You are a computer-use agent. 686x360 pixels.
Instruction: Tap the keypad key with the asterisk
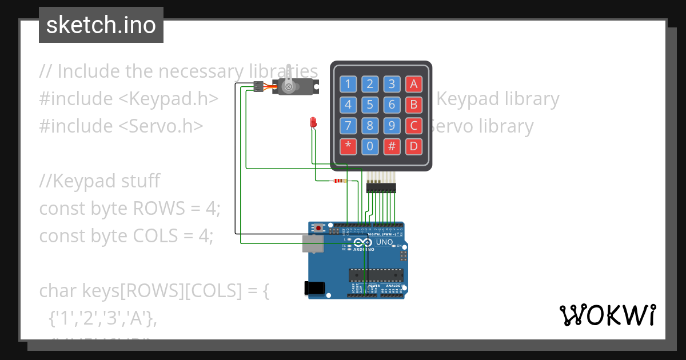click(x=348, y=147)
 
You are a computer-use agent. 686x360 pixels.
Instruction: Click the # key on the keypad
click(x=392, y=147)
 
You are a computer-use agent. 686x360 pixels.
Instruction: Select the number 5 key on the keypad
click(x=370, y=105)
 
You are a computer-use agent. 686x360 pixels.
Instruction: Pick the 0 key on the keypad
click(x=370, y=147)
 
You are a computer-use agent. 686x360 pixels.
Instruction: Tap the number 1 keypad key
click(x=348, y=85)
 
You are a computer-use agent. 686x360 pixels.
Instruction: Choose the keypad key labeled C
click(x=414, y=126)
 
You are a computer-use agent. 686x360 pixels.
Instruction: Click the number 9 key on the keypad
click(x=392, y=126)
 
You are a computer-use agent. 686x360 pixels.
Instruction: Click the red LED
click(x=313, y=122)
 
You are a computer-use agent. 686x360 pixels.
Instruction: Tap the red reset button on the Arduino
click(x=318, y=228)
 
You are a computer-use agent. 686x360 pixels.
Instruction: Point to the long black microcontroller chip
click(x=376, y=275)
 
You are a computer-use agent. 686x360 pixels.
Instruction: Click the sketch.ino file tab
click(x=101, y=25)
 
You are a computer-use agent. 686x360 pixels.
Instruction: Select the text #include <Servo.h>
click(x=121, y=126)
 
